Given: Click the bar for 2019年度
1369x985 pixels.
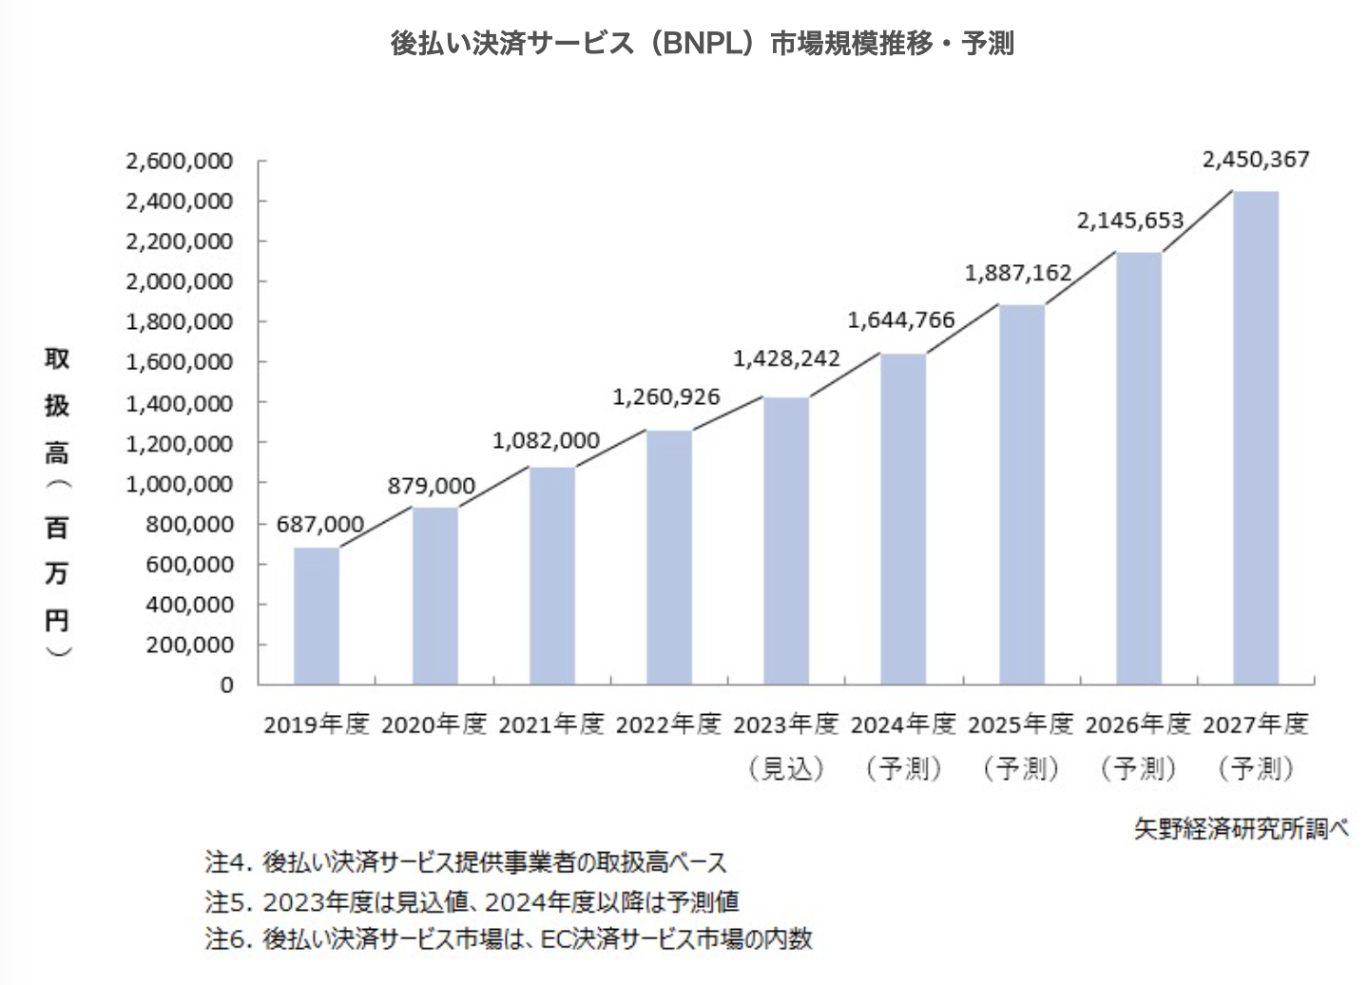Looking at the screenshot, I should pyautogui.click(x=317, y=616).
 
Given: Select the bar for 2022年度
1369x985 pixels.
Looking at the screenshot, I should pyautogui.click(x=669, y=558).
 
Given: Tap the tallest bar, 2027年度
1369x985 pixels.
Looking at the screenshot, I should pyautogui.click(x=1256, y=438).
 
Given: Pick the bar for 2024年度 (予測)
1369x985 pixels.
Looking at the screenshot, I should pyautogui.click(x=903, y=519).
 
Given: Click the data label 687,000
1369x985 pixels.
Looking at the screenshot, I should pyautogui.click(x=320, y=525).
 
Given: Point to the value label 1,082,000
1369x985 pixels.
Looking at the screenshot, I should pyautogui.click(x=546, y=441).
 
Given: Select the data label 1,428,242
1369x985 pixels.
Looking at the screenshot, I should pyautogui.click(x=786, y=358).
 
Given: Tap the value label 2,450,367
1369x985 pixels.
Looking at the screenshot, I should pyautogui.click(x=1256, y=160).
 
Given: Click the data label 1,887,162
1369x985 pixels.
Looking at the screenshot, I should pyautogui.click(x=1018, y=274).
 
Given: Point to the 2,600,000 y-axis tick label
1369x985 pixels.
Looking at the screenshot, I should pyautogui.click(x=180, y=162).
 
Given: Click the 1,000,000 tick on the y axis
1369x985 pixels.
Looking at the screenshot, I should pyautogui.click(x=180, y=484).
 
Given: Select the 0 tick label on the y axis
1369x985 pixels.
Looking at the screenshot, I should pyautogui.click(x=226, y=685).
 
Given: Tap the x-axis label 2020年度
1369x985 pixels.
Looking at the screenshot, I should pyautogui.click(x=434, y=724).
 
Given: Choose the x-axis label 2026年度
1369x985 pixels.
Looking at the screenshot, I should pyautogui.click(x=1138, y=724).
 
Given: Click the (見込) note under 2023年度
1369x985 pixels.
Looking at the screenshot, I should pyautogui.click(x=786, y=767).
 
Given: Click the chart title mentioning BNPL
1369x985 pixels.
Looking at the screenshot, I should pyautogui.click(x=703, y=44).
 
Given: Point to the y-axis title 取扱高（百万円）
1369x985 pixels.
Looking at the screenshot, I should pyautogui.click(x=57, y=502).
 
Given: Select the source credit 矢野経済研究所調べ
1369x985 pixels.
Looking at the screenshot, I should pyautogui.click(x=1241, y=828).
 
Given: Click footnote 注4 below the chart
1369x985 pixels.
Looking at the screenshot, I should pyautogui.click(x=466, y=862).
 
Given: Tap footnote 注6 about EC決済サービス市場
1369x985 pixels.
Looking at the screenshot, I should pyautogui.click(x=509, y=938).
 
